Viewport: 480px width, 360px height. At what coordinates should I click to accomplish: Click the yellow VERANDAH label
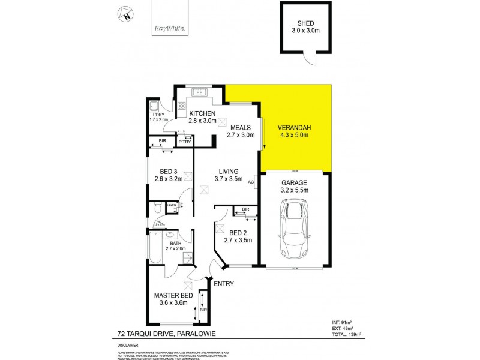pos(294,127)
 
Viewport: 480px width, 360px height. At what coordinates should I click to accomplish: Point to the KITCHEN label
pos(202,114)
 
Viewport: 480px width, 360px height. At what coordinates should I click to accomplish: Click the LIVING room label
pos(229,170)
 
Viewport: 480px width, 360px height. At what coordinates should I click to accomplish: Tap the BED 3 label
pos(166,170)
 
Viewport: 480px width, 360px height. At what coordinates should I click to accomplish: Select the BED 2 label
pos(237,233)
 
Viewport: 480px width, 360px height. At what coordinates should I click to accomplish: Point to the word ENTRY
pos(224,284)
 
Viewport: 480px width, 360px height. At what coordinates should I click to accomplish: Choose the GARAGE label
pos(294,182)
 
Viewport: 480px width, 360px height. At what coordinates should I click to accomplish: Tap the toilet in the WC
pos(157,208)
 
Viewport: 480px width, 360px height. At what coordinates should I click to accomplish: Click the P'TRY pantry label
pos(184,142)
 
